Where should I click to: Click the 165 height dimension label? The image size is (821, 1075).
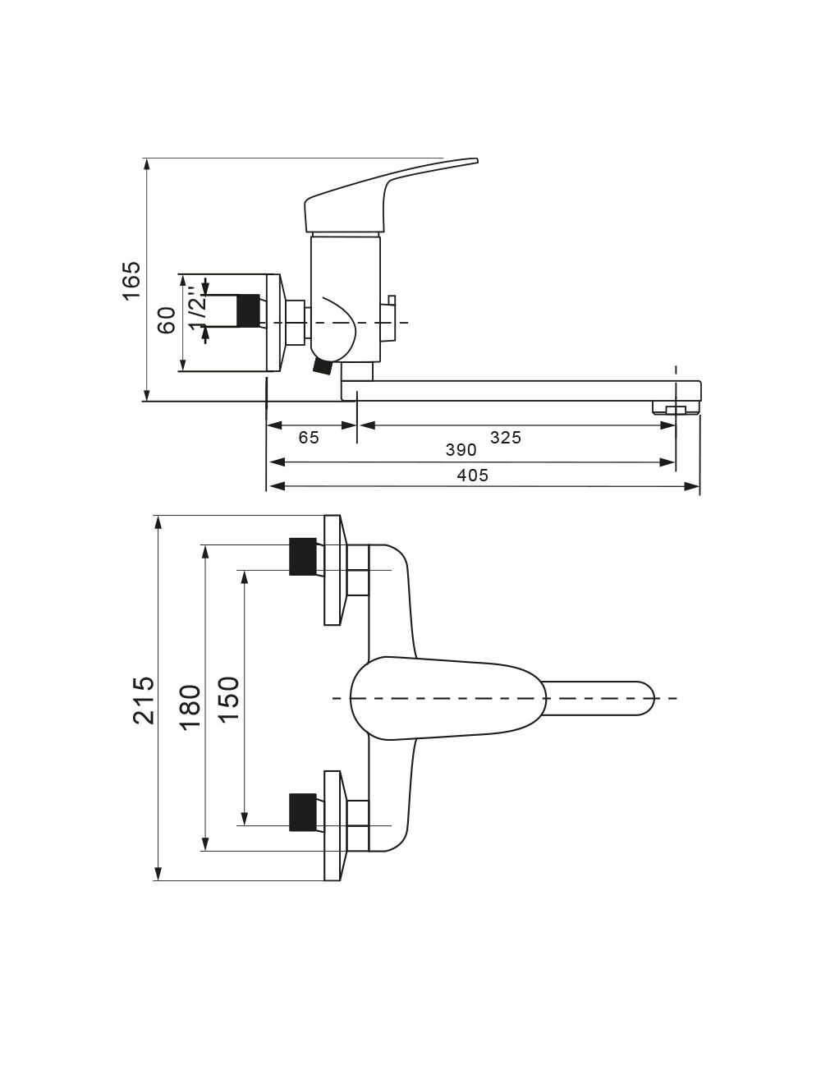coord(131,281)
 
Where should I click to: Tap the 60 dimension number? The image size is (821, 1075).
coord(167,320)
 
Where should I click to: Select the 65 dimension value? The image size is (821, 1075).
coord(309,438)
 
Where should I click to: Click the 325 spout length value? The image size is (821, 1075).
coord(506,438)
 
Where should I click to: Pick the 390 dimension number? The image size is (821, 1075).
coord(461,450)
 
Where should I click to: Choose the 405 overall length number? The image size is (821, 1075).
coord(473,475)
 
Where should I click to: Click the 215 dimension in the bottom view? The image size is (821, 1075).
coord(144,700)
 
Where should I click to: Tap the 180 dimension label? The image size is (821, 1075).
coord(190,706)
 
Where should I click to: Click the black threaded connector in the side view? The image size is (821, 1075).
coord(248,309)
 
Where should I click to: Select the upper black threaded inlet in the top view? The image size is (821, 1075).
coord(302,556)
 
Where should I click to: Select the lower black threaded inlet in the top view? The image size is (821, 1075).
coord(302,811)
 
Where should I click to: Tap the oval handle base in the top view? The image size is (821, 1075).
coord(447,698)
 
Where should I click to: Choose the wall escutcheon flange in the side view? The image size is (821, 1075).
coord(274,322)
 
